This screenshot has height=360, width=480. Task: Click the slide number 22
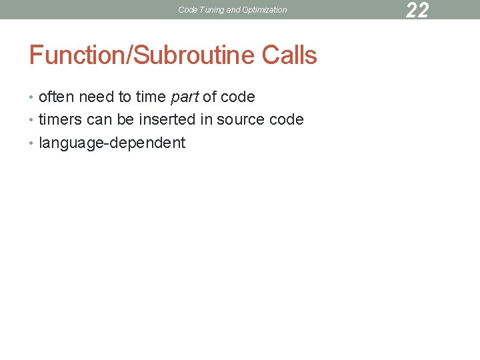(417, 10)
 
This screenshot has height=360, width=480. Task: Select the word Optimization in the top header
(265, 10)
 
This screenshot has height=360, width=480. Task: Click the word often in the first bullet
(57, 97)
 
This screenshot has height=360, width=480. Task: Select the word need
(96, 97)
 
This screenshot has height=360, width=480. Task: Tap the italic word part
(184, 97)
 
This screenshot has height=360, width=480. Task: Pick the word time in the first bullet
(151, 97)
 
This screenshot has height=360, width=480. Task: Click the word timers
(61, 120)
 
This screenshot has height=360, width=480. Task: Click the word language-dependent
(112, 143)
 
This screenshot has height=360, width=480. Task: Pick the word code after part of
(237, 97)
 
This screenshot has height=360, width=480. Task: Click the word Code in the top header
(187, 10)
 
